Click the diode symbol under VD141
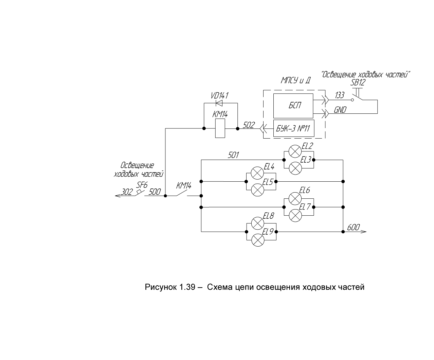[219, 103]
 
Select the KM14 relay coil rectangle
[220, 128]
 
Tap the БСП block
[293, 106]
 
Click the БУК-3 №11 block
[294, 128]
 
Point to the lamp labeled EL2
[295, 151]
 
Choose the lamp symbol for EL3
[295, 168]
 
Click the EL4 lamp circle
[257, 173]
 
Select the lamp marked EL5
[257, 190]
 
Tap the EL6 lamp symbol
[295, 199]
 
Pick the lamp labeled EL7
[295, 216]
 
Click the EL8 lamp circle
[258, 223]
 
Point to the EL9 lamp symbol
[258, 240]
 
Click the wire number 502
[249, 125]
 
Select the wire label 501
[233, 155]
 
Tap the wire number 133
[340, 95]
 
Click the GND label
[340, 110]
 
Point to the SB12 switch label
[358, 83]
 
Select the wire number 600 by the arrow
[353, 228]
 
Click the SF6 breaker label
[142, 185]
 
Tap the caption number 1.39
[187, 287]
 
